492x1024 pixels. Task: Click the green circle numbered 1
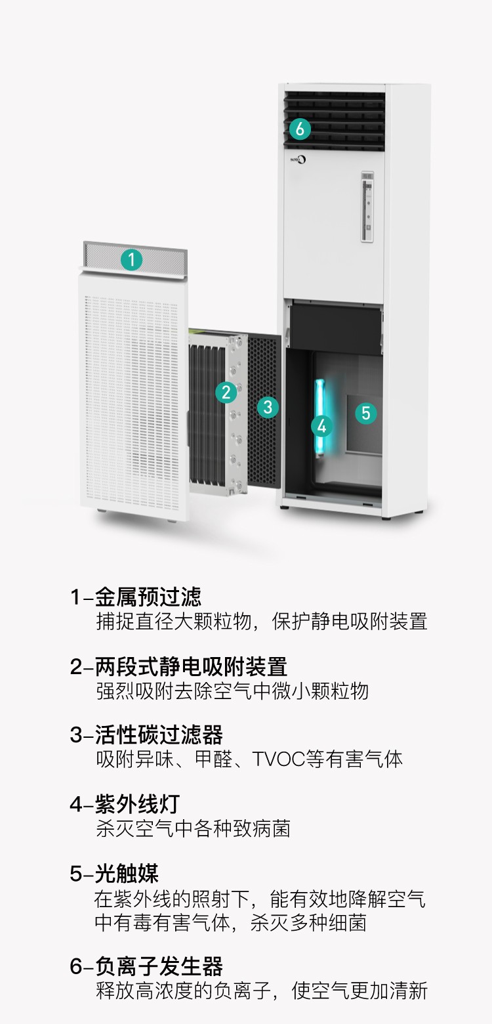pos(131,260)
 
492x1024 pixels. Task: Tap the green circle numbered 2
pos(226,393)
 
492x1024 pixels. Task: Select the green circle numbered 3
pos(267,407)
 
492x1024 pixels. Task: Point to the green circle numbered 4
pos(321,426)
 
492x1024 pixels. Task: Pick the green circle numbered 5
pos(366,413)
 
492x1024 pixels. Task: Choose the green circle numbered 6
pos(300,129)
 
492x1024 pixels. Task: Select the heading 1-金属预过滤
pos(136,597)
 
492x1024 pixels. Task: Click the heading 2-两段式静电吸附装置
pos(178,666)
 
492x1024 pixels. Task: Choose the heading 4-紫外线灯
pos(124,803)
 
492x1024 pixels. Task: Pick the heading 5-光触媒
pos(114,874)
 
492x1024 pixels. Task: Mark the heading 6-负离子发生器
pos(146,966)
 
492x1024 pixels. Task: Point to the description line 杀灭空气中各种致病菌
pos(193,828)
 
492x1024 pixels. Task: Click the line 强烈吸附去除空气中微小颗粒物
pos(232,691)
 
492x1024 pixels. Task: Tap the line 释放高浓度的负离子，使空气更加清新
pos(261,991)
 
